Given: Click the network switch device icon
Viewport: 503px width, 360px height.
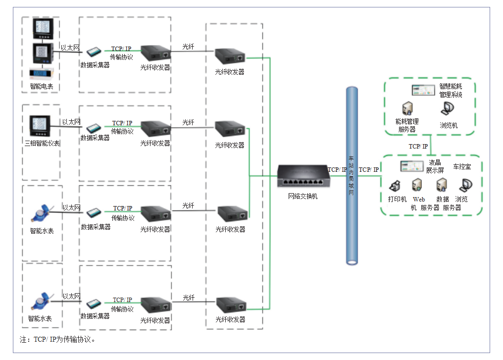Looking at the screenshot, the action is click(303, 176).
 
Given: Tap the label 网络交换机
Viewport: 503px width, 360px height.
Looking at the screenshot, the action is click(302, 196).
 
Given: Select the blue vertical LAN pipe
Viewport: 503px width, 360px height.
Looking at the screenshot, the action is click(352, 176).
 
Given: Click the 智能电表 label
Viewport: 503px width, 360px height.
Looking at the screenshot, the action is click(42, 86).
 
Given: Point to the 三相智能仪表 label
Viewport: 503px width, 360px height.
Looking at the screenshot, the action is click(43, 143).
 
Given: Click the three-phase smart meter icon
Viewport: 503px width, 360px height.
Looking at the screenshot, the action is click(40, 126).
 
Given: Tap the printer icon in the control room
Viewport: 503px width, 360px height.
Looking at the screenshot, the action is click(395, 186).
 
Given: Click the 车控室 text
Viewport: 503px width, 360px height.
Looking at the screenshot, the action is click(462, 166).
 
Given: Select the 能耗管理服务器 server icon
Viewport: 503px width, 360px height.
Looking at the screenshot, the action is click(407, 108).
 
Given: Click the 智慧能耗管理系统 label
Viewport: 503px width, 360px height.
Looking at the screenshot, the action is click(451, 91).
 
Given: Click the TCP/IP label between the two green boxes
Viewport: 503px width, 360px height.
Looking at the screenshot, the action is click(418, 146).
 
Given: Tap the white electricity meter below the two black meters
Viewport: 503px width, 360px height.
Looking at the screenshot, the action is click(41, 73).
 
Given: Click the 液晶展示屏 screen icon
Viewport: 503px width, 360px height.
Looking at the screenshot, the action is click(412, 166).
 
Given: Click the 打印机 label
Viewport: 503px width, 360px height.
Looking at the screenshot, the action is click(397, 199).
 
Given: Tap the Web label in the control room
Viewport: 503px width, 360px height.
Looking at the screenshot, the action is click(419, 199).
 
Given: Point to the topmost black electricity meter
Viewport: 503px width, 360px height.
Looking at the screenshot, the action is click(43, 29).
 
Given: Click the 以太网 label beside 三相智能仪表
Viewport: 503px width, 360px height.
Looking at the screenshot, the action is click(71, 122).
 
